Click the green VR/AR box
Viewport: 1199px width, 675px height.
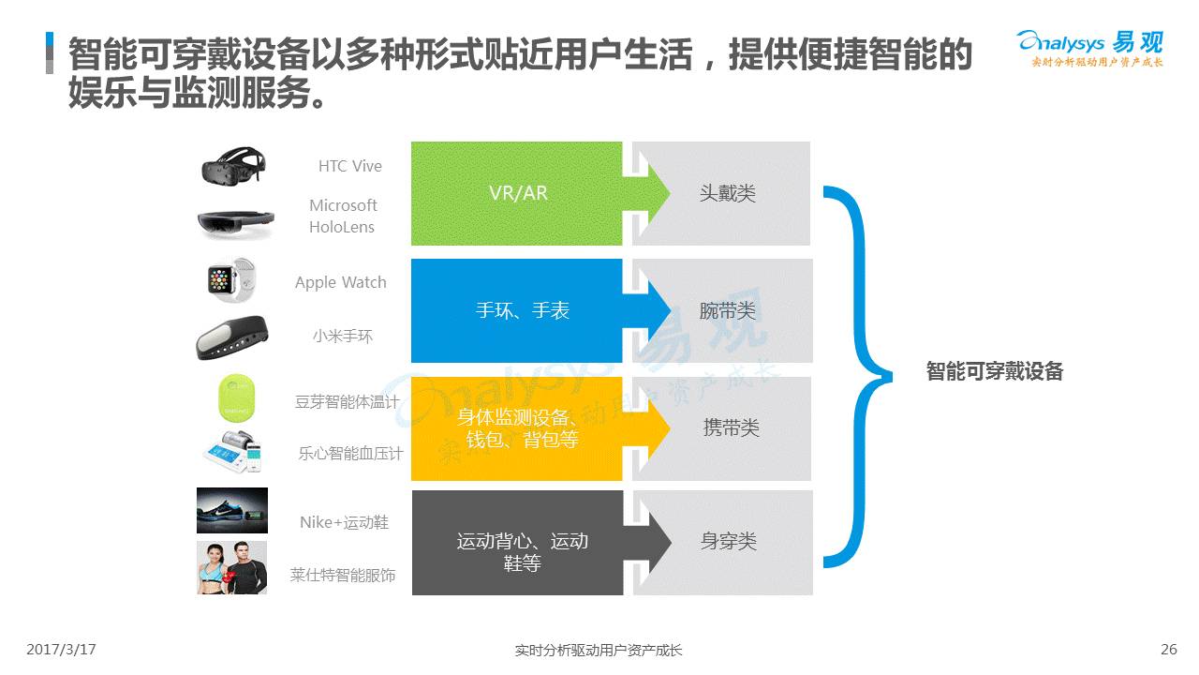517,193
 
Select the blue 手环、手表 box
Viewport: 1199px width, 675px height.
517,310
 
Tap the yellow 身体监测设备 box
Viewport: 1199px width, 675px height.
517,427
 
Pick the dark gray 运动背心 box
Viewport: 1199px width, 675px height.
517,542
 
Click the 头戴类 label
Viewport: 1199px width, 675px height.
728,193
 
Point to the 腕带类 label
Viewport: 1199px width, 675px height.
728,310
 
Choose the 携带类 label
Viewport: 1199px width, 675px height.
731,427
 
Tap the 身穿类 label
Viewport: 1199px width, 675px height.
728,542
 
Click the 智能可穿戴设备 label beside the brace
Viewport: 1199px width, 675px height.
995,371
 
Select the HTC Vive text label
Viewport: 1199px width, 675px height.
350,166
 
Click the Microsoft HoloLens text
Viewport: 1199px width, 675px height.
343,216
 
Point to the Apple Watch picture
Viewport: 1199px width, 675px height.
230,279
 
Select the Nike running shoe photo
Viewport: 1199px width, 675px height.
231,511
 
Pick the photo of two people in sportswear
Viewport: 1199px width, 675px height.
231,567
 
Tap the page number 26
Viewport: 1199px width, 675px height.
1168,649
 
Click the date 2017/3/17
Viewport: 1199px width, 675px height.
62,649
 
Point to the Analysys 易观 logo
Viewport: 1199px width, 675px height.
1090,48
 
